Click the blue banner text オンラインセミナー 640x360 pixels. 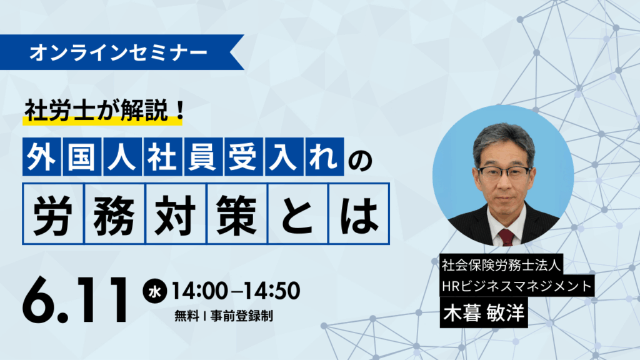click(x=118, y=53)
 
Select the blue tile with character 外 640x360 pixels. click(x=42, y=157)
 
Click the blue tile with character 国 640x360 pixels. click(x=82, y=157)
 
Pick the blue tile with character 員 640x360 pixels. click(x=203, y=157)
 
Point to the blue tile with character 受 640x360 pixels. click(x=243, y=157)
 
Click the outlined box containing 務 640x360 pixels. click(x=115, y=214)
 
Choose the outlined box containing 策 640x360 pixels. click(x=237, y=214)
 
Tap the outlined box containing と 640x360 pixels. click(x=298, y=214)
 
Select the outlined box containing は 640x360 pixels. click(x=359, y=214)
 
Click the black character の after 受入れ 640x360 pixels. click(x=361, y=160)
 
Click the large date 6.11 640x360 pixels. click(x=76, y=300)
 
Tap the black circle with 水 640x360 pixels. click(x=155, y=291)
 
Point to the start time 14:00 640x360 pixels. click(x=199, y=291)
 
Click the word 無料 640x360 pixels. click(x=186, y=316)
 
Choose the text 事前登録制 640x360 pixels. click(x=242, y=316)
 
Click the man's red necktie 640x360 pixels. click(x=506, y=237)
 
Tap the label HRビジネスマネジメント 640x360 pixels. click(x=517, y=286)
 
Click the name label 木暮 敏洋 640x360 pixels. click(x=484, y=312)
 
